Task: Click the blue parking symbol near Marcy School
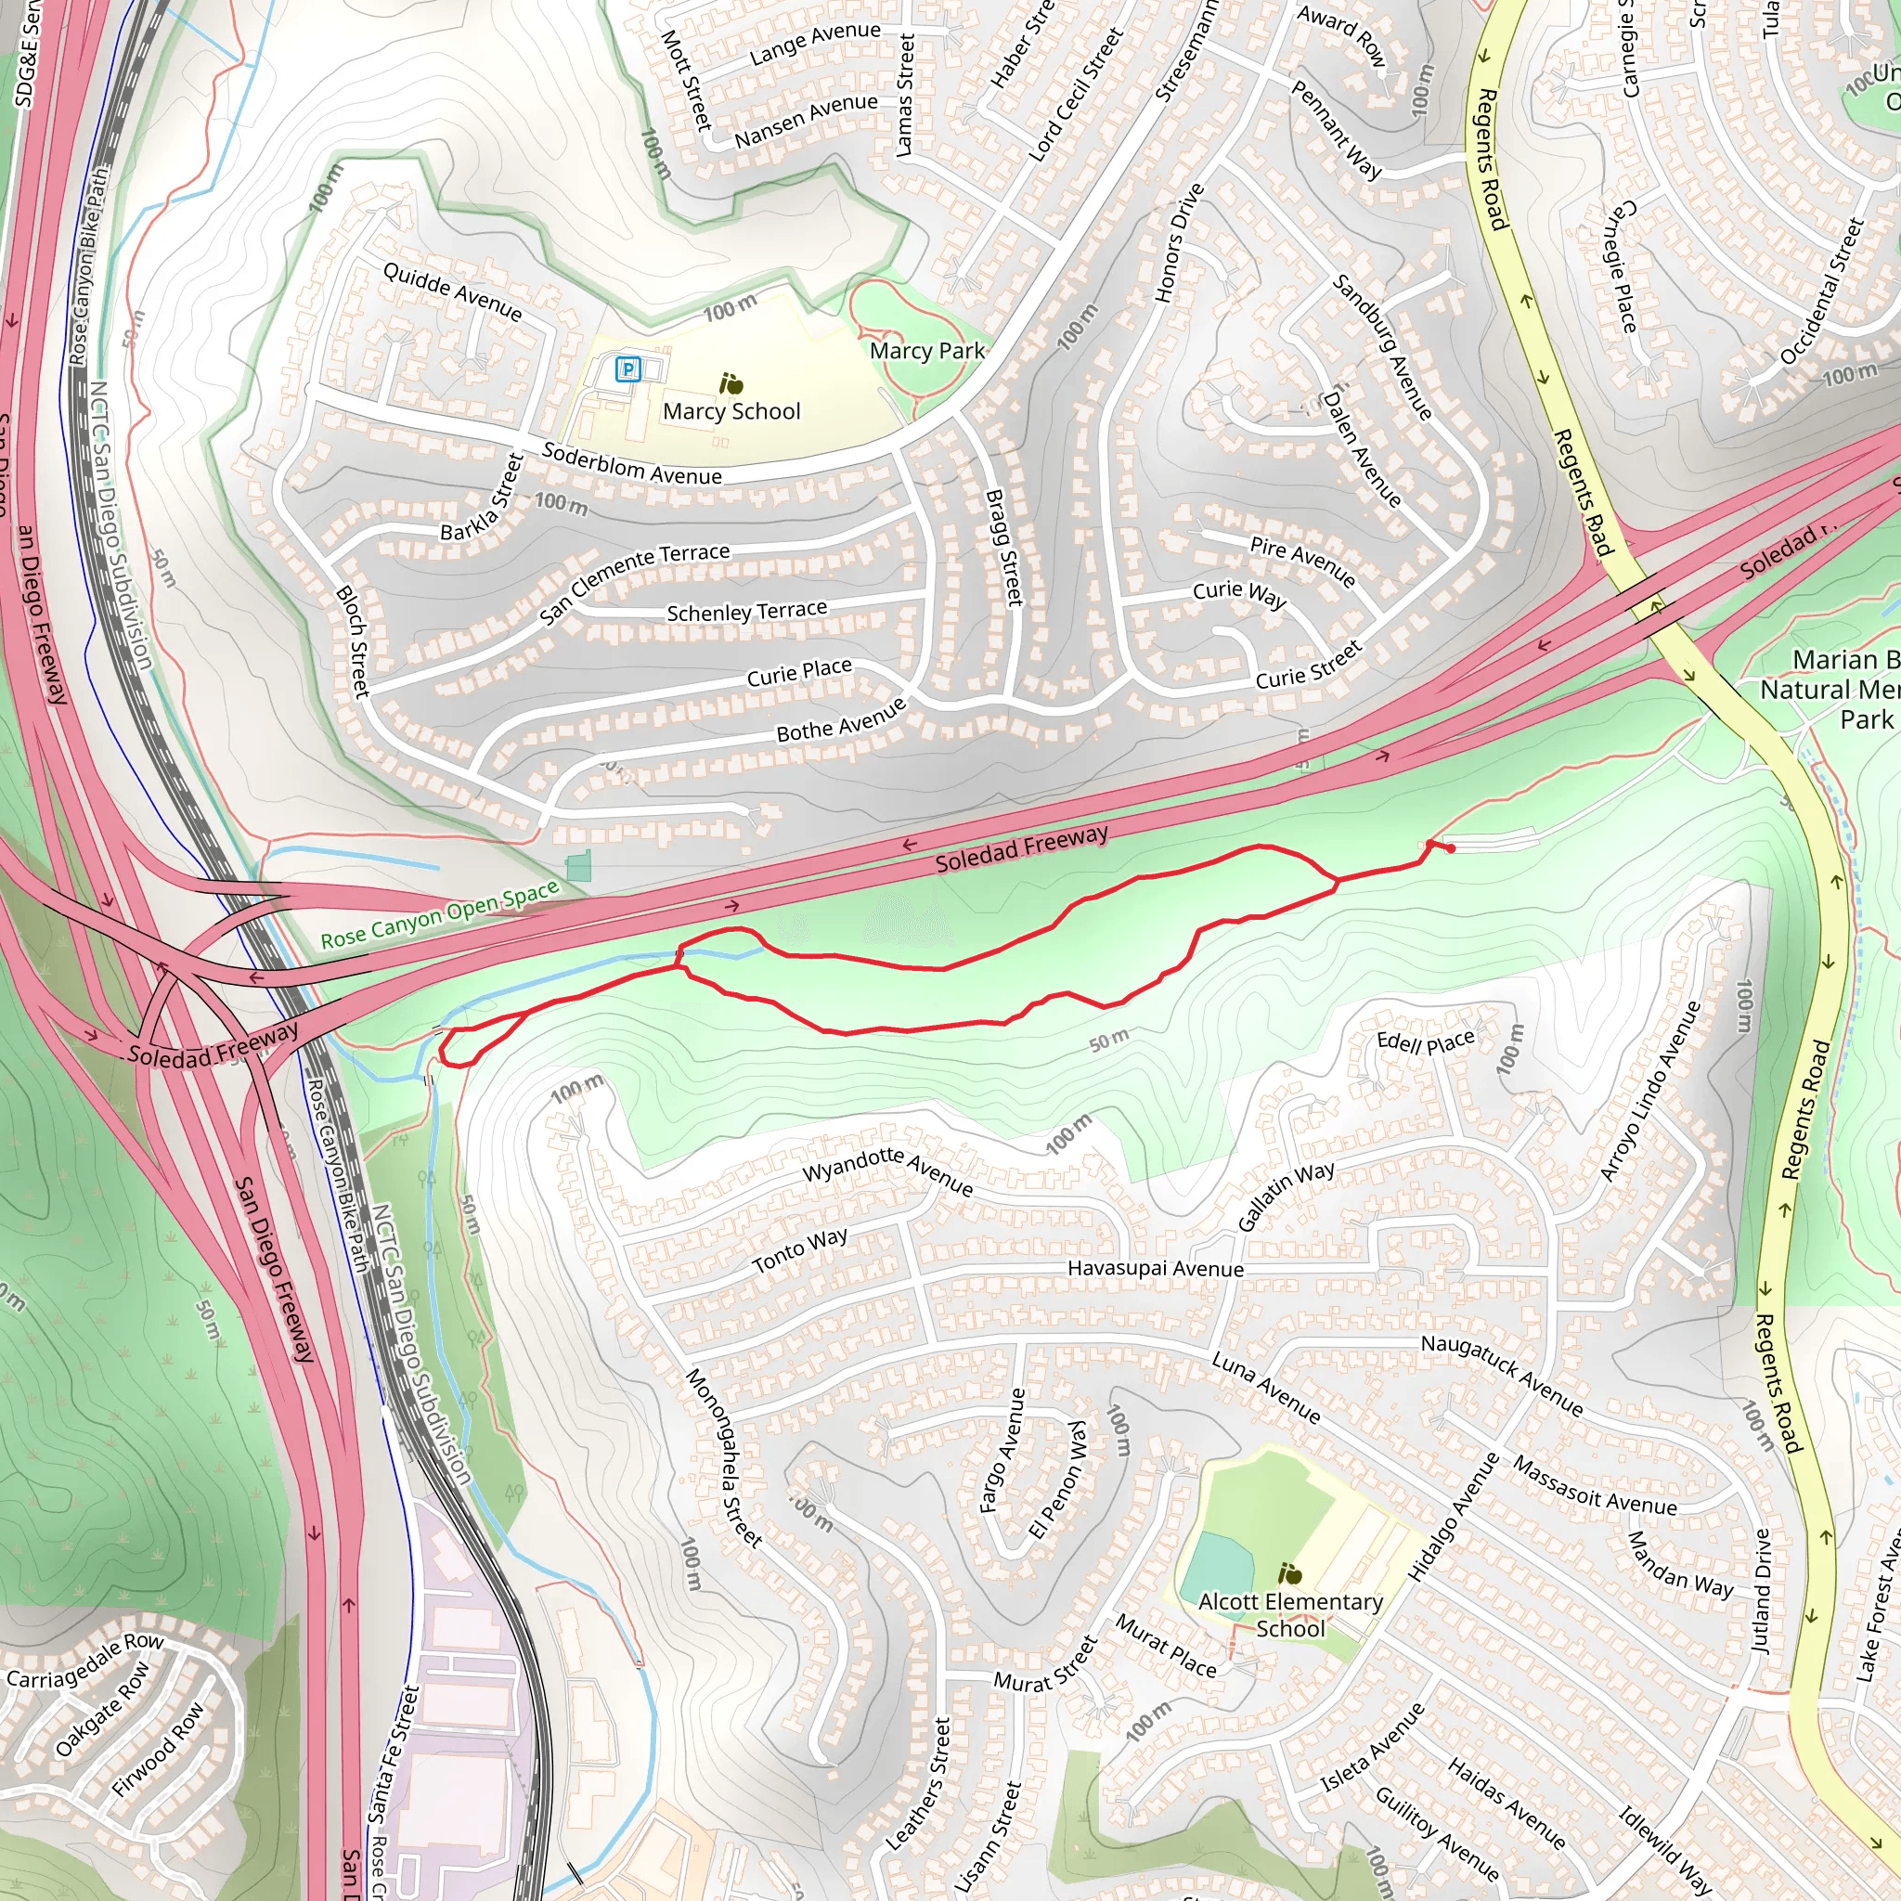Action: click(627, 370)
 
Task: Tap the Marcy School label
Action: click(731, 411)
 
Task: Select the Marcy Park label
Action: click(927, 351)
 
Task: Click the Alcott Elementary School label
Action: click(1290, 1615)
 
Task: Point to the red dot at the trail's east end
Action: click(1452, 849)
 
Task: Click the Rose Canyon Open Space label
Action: click(440, 916)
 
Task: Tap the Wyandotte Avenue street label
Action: click(887, 1170)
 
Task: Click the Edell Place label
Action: click(1425, 1042)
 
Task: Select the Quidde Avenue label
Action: click(453, 292)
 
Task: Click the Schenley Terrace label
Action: click(747, 612)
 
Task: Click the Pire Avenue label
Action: click(1302, 561)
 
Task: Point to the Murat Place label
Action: click(1165, 1646)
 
